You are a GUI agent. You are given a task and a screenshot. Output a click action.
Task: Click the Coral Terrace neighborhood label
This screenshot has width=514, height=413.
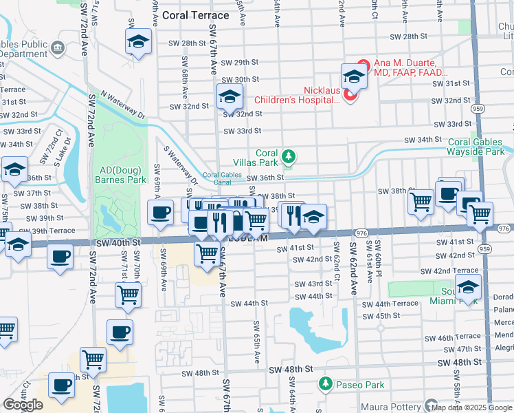[192, 14]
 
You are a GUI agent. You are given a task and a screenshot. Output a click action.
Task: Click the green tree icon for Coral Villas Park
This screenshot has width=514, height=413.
[289, 158]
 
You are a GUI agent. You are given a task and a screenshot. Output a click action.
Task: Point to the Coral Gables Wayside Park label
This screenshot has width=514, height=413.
[476, 147]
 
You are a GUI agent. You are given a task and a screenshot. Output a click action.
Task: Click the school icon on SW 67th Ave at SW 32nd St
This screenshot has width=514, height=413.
[230, 96]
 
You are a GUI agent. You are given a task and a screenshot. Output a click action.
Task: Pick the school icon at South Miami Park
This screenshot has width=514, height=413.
[468, 286]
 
